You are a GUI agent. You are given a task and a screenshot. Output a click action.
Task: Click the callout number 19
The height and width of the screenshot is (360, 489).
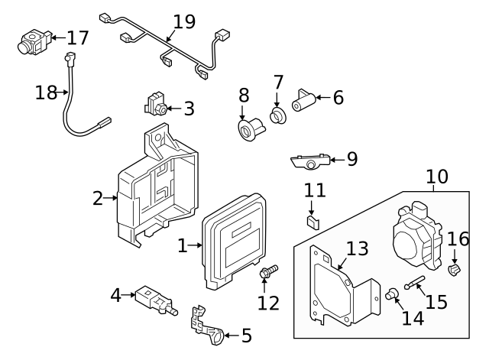tap(184, 21)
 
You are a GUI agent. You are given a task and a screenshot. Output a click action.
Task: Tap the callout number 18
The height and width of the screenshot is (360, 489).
tap(47, 93)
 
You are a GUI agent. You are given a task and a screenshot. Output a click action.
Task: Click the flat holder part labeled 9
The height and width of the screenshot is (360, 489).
tap(310, 161)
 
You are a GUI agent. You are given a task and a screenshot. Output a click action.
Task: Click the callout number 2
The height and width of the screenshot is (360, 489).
tap(97, 199)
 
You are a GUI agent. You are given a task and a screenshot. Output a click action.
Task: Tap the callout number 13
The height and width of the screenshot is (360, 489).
tap(357, 248)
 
